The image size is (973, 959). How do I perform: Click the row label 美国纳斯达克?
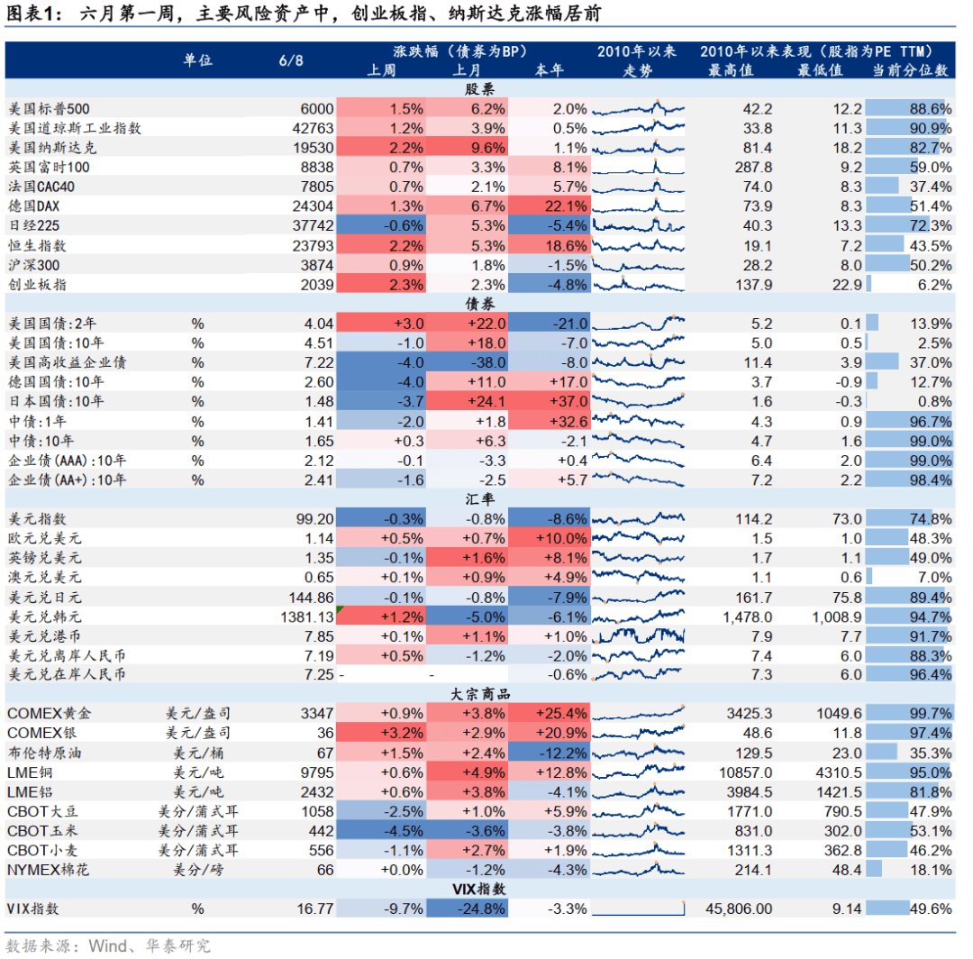coord(51,148)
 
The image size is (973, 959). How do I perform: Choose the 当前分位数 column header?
coord(910,69)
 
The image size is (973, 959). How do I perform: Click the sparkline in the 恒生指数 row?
coord(640,245)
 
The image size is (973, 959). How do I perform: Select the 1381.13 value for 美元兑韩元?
coord(307,616)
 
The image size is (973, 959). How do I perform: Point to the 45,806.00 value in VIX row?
coord(738,909)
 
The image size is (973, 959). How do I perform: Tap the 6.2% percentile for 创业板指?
coord(932,284)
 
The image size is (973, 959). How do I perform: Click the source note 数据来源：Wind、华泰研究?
coord(108,945)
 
